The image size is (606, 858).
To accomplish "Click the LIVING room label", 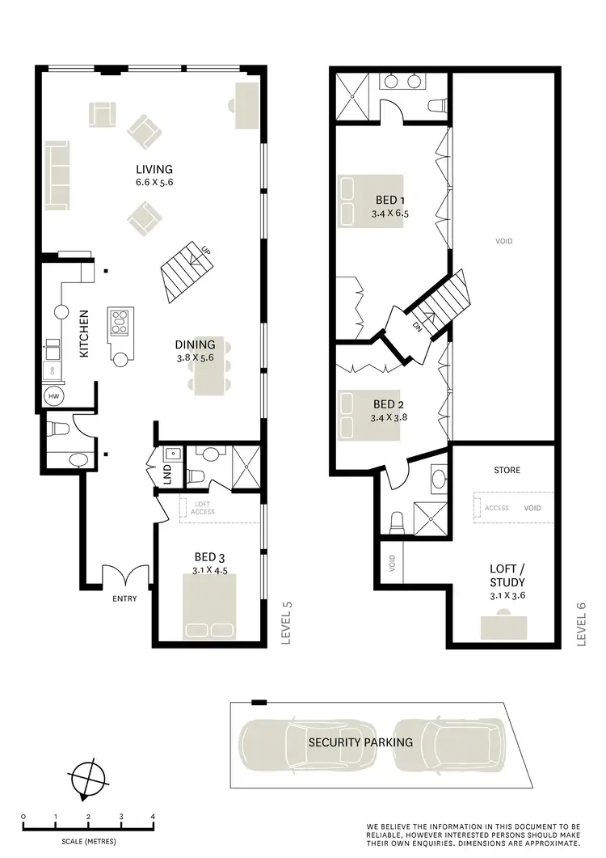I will [154, 169].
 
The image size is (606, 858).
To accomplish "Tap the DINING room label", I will [195, 344].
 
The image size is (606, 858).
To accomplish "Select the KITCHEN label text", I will [83, 333].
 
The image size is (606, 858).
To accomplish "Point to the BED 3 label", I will [204, 556].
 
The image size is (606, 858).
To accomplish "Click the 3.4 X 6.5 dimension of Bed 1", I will [390, 214].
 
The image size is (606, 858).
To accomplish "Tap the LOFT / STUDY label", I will [507, 575].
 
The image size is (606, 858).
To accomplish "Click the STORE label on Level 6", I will [507, 470].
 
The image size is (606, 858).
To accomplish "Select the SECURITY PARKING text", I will [360, 742].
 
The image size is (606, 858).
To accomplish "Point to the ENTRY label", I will [125, 599].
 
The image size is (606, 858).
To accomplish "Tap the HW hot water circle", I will [55, 396].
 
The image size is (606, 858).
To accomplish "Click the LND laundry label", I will [167, 475].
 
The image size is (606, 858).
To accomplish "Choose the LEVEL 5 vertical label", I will [284, 623].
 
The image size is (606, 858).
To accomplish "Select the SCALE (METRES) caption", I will [87, 841].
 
